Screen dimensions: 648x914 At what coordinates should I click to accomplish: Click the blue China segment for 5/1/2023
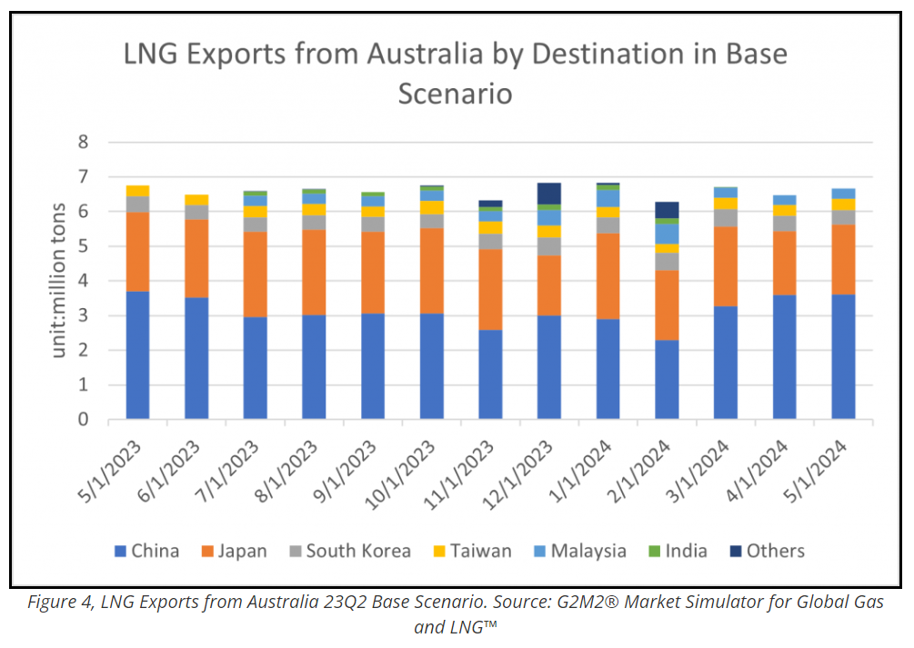pyautogui.click(x=138, y=355)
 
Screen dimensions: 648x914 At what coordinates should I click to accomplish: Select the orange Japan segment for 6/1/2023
pyautogui.click(x=196, y=258)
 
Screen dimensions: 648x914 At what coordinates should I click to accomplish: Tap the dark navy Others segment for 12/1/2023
pyautogui.click(x=549, y=194)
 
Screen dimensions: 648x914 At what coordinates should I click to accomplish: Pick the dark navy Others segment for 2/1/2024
pyautogui.click(x=667, y=210)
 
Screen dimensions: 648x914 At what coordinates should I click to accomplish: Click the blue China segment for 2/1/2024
pyautogui.click(x=667, y=380)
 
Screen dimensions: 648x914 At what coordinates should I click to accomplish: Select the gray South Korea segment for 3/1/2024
pyautogui.click(x=725, y=218)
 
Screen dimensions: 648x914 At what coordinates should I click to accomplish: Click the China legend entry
pyautogui.click(x=146, y=551)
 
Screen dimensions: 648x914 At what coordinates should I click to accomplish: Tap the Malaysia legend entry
pyautogui.click(x=578, y=551)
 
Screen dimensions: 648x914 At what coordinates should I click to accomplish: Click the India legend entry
pyautogui.click(x=678, y=551)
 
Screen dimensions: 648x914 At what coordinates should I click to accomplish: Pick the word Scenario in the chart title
pyautogui.click(x=455, y=94)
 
